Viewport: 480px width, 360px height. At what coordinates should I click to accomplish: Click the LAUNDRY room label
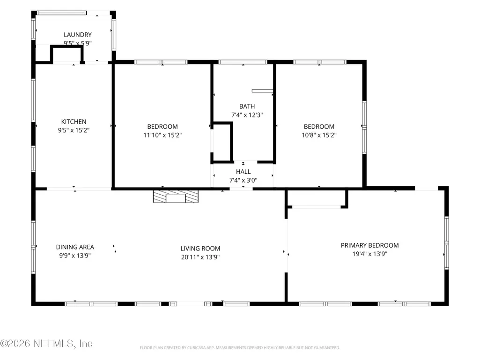tap(77, 35)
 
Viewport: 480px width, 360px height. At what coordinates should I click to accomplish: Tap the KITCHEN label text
tap(74, 122)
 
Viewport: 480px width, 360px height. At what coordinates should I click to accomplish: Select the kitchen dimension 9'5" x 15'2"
tap(74, 131)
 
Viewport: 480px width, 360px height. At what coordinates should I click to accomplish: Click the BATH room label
tap(247, 107)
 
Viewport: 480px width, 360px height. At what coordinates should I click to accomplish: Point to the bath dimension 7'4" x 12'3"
tap(247, 115)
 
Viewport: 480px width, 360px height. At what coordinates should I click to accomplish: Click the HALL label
tap(244, 172)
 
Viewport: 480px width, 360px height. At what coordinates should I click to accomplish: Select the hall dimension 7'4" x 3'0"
tap(244, 180)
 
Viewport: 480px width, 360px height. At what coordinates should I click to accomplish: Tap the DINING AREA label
tap(75, 247)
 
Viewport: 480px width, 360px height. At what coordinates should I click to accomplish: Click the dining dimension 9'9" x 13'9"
tap(75, 256)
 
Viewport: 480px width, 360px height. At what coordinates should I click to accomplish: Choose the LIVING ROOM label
tap(200, 249)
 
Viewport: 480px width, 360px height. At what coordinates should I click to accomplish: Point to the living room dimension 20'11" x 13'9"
tap(200, 257)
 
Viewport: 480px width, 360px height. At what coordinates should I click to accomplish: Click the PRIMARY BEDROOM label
tap(370, 245)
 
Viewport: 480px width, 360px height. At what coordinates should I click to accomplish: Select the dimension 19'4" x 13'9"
tap(370, 254)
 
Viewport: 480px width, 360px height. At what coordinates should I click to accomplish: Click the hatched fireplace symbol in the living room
tap(176, 197)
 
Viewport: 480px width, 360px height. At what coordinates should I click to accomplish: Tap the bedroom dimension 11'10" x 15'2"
tap(162, 135)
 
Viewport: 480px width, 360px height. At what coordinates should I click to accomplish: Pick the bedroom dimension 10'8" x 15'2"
tap(319, 135)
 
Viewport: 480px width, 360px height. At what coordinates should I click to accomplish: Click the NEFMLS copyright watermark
tap(46, 344)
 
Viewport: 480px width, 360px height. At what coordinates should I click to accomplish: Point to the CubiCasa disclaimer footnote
tap(240, 348)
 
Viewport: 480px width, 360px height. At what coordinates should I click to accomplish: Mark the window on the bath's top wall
tap(243, 62)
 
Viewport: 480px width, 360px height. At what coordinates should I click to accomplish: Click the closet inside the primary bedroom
tap(317, 198)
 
